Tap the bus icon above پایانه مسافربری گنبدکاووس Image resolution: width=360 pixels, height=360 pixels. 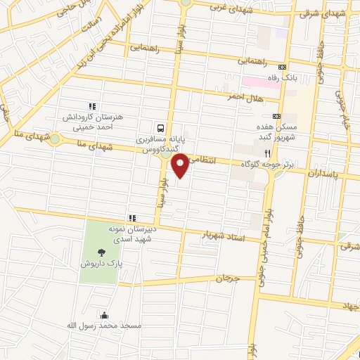coord(161,128)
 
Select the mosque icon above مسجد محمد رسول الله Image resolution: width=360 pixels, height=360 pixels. coord(105,315)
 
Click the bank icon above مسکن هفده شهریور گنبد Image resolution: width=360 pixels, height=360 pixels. coord(276,116)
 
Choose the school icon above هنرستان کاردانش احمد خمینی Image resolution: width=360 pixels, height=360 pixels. coord(92,105)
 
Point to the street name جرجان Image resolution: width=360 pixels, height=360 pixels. coord(228,279)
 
